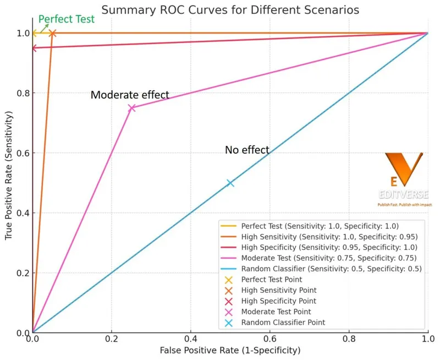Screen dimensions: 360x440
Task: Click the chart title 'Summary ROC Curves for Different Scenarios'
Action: coord(229,9)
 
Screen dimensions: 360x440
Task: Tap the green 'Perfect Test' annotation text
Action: coord(63,19)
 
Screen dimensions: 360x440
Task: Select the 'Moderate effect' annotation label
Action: coord(130,95)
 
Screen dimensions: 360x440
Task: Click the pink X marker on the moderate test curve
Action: coord(131,108)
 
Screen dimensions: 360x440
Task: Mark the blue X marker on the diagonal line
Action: coord(230,183)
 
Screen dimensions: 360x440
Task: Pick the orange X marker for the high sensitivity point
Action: coord(53,33)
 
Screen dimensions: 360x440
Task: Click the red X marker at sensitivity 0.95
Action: coord(33,48)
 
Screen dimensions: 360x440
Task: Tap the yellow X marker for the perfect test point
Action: coord(34,33)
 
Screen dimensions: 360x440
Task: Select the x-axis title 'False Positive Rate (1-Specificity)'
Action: coord(230,350)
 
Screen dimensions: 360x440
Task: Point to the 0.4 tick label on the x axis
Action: coord(191,340)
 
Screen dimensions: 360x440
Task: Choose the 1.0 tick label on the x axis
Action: coord(427,340)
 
